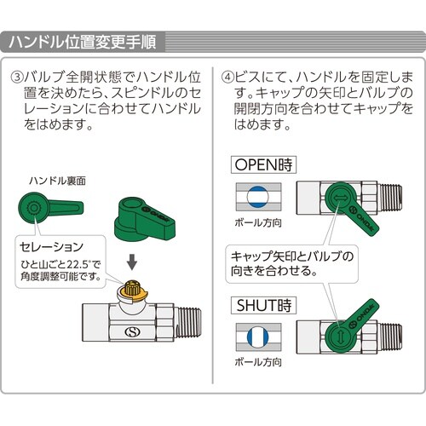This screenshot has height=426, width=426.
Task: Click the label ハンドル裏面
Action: pyautogui.click(x=58, y=182)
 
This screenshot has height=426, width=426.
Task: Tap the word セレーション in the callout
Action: pyautogui.click(x=51, y=246)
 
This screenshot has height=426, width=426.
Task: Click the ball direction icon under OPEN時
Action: pyautogui.click(x=256, y=195)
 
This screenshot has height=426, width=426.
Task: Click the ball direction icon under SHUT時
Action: pyautogui.click(x=256, y=335)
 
